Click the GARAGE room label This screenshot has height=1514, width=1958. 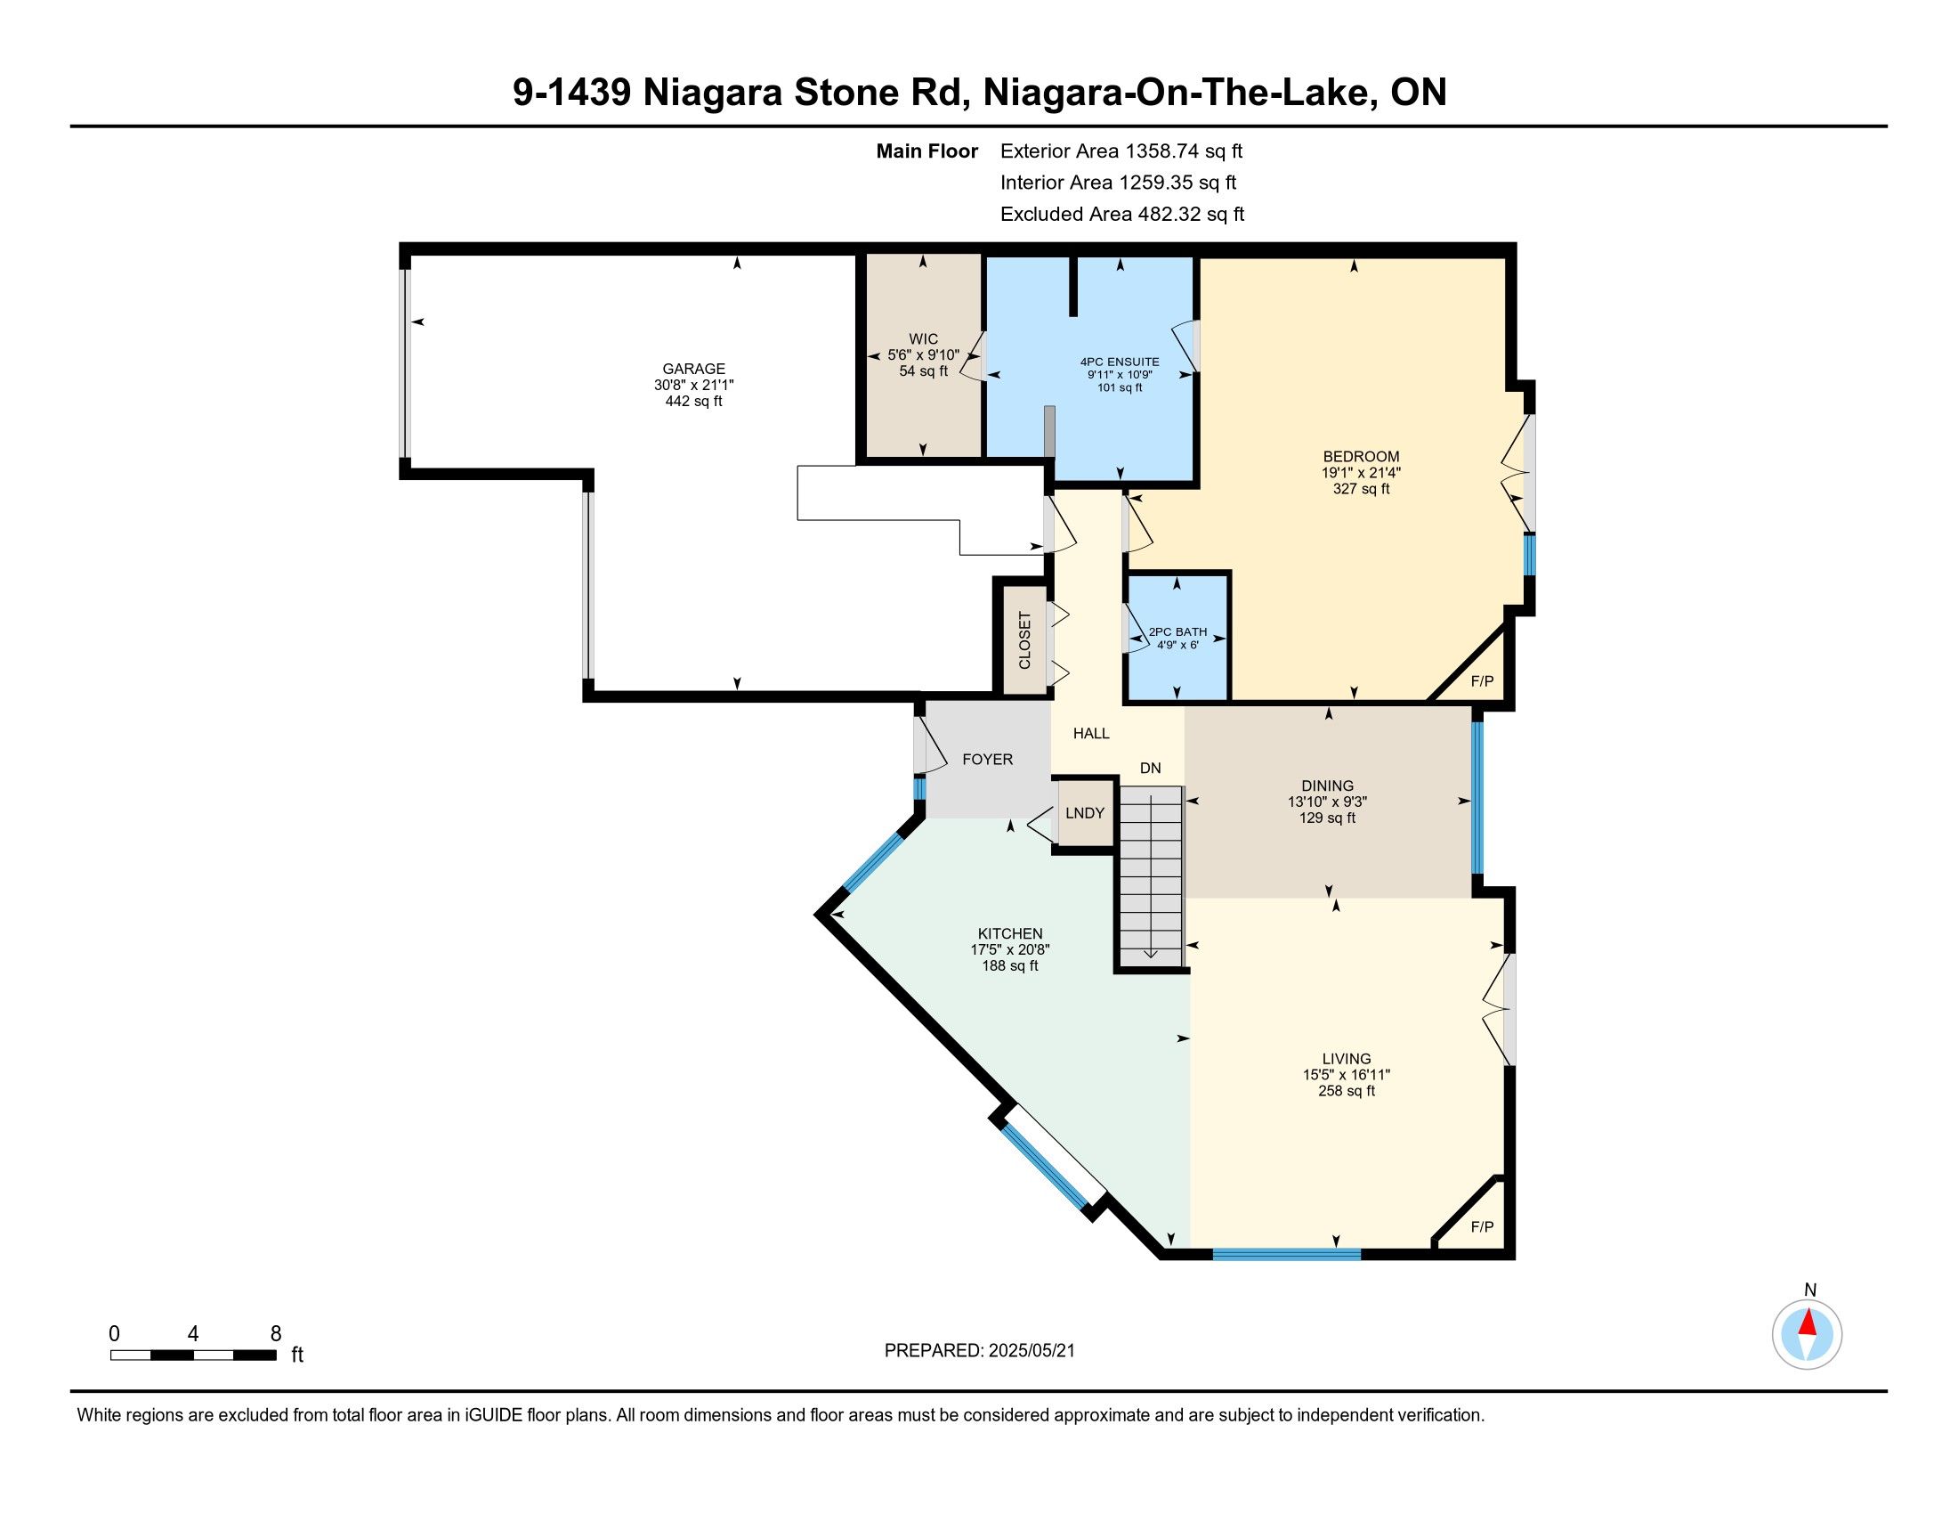point(693,369)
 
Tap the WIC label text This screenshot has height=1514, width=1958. point(924,339)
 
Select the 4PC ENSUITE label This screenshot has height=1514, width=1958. point(1120,362)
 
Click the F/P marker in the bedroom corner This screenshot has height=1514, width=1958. point(1483,681)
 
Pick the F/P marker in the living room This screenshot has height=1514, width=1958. point(1483,1227)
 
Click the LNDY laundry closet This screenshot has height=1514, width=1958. point(1085,812)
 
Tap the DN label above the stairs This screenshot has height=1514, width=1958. point(1150,768)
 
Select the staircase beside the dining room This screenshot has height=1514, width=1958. point(1151,875)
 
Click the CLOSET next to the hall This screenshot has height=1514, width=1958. point(1024,639)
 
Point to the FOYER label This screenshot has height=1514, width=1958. point(987,760)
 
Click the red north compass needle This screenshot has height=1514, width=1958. point(1808,1322)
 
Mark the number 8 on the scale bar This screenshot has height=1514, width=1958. point(276,1334)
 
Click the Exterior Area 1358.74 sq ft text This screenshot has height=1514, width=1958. point(1121,151)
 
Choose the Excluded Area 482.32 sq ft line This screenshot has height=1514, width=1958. point(1122,215)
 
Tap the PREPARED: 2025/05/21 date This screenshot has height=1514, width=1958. point(979,1351)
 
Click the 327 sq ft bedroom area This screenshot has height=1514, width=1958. point(1361,489)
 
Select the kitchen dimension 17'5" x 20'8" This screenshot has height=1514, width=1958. point(1010,950)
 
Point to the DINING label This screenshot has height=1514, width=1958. point(1328,785)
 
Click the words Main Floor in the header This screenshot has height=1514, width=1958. point(927,151)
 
